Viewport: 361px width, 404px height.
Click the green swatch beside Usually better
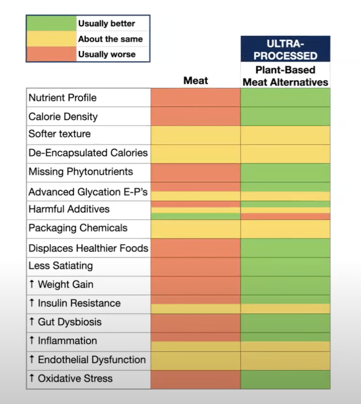click(51, 23)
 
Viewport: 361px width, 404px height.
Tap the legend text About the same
click(110, 39)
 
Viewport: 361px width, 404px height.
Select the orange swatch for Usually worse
click(51, 54)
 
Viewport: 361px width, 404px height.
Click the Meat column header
click(195, 81)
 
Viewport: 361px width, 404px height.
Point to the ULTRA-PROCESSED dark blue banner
click(285, 49)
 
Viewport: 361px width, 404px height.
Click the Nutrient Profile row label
click(62, 98)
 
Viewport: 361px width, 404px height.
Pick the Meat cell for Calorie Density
click(195, 116)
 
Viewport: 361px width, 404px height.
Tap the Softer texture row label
click(60, 134)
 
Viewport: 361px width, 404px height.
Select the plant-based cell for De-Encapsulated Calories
click(285, 154)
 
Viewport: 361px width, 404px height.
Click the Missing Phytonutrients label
click(81, 171)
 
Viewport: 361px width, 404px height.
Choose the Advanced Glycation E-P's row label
click(88, 192)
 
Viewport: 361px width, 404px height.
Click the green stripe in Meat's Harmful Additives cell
click(195, 216)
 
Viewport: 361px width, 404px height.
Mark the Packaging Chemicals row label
click(78, 228)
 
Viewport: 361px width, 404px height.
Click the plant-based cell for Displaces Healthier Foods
click(285, 248)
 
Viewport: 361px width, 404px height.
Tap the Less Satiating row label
click(61, 266)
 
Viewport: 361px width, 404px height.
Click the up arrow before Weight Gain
click(32, 284)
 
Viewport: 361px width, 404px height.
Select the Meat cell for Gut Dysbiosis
click(195, 323)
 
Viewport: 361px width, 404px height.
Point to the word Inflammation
click(67, 341)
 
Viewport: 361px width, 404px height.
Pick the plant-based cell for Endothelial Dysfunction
click(285, 361)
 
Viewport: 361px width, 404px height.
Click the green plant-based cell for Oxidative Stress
click(285, 380)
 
